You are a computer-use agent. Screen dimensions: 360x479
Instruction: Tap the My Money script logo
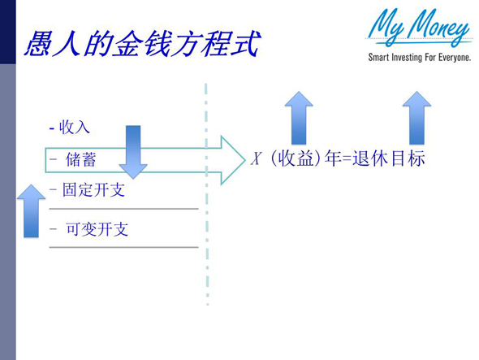tap(419, 29)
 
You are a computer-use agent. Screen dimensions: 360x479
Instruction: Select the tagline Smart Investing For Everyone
tap(419, 58)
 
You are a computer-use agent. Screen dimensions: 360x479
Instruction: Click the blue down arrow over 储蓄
tap(133, 151)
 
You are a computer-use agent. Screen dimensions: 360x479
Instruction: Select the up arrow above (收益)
tap(300, 118)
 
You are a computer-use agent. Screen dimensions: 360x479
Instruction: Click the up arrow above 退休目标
tap(417, 118)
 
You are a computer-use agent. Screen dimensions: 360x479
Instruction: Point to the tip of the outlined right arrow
tap(243, 159)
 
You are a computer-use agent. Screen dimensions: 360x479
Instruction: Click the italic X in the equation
tap(256, 159)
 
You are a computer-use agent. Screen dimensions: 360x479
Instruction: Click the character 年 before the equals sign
tap(332, 159)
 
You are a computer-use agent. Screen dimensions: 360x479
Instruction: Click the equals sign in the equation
tap(348, 160)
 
